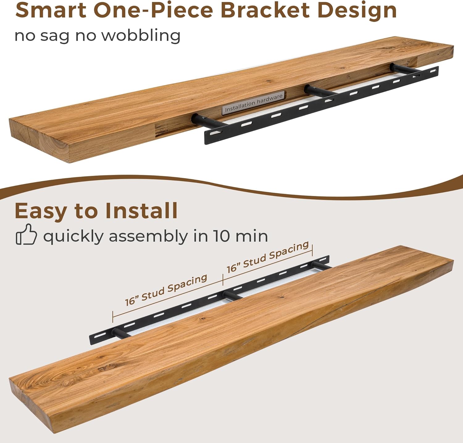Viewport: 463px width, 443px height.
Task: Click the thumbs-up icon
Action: coord(26,234)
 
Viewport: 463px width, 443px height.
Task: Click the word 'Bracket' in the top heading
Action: coord(265,10)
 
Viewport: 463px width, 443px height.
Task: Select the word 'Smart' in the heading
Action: coord(51,10)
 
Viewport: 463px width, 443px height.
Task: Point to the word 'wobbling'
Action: coord(141,35)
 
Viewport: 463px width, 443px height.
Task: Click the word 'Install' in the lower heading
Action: coord(141,211)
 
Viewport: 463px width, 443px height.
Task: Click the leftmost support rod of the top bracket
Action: coord(207,121)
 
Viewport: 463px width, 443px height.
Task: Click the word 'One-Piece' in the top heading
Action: coord(153,10)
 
